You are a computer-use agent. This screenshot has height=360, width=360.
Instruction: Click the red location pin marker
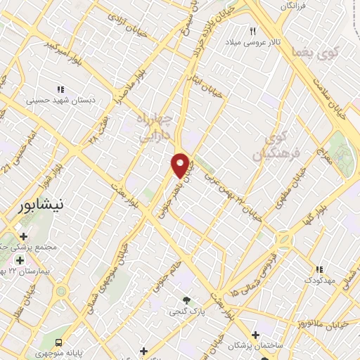tap(181, 165)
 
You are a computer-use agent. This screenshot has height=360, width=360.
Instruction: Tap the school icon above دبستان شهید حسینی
tap(60, 89)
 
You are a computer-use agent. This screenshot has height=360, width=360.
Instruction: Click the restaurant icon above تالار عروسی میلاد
tap(252, 31)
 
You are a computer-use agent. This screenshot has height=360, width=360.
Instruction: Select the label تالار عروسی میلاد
tap(252, 42)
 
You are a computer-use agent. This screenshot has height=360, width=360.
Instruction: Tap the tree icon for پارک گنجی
tap(186, 300)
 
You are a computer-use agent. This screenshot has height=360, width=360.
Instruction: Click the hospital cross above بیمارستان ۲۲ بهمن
tap(20, 261)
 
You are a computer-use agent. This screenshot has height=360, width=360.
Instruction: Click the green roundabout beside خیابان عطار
tap(61, 291)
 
